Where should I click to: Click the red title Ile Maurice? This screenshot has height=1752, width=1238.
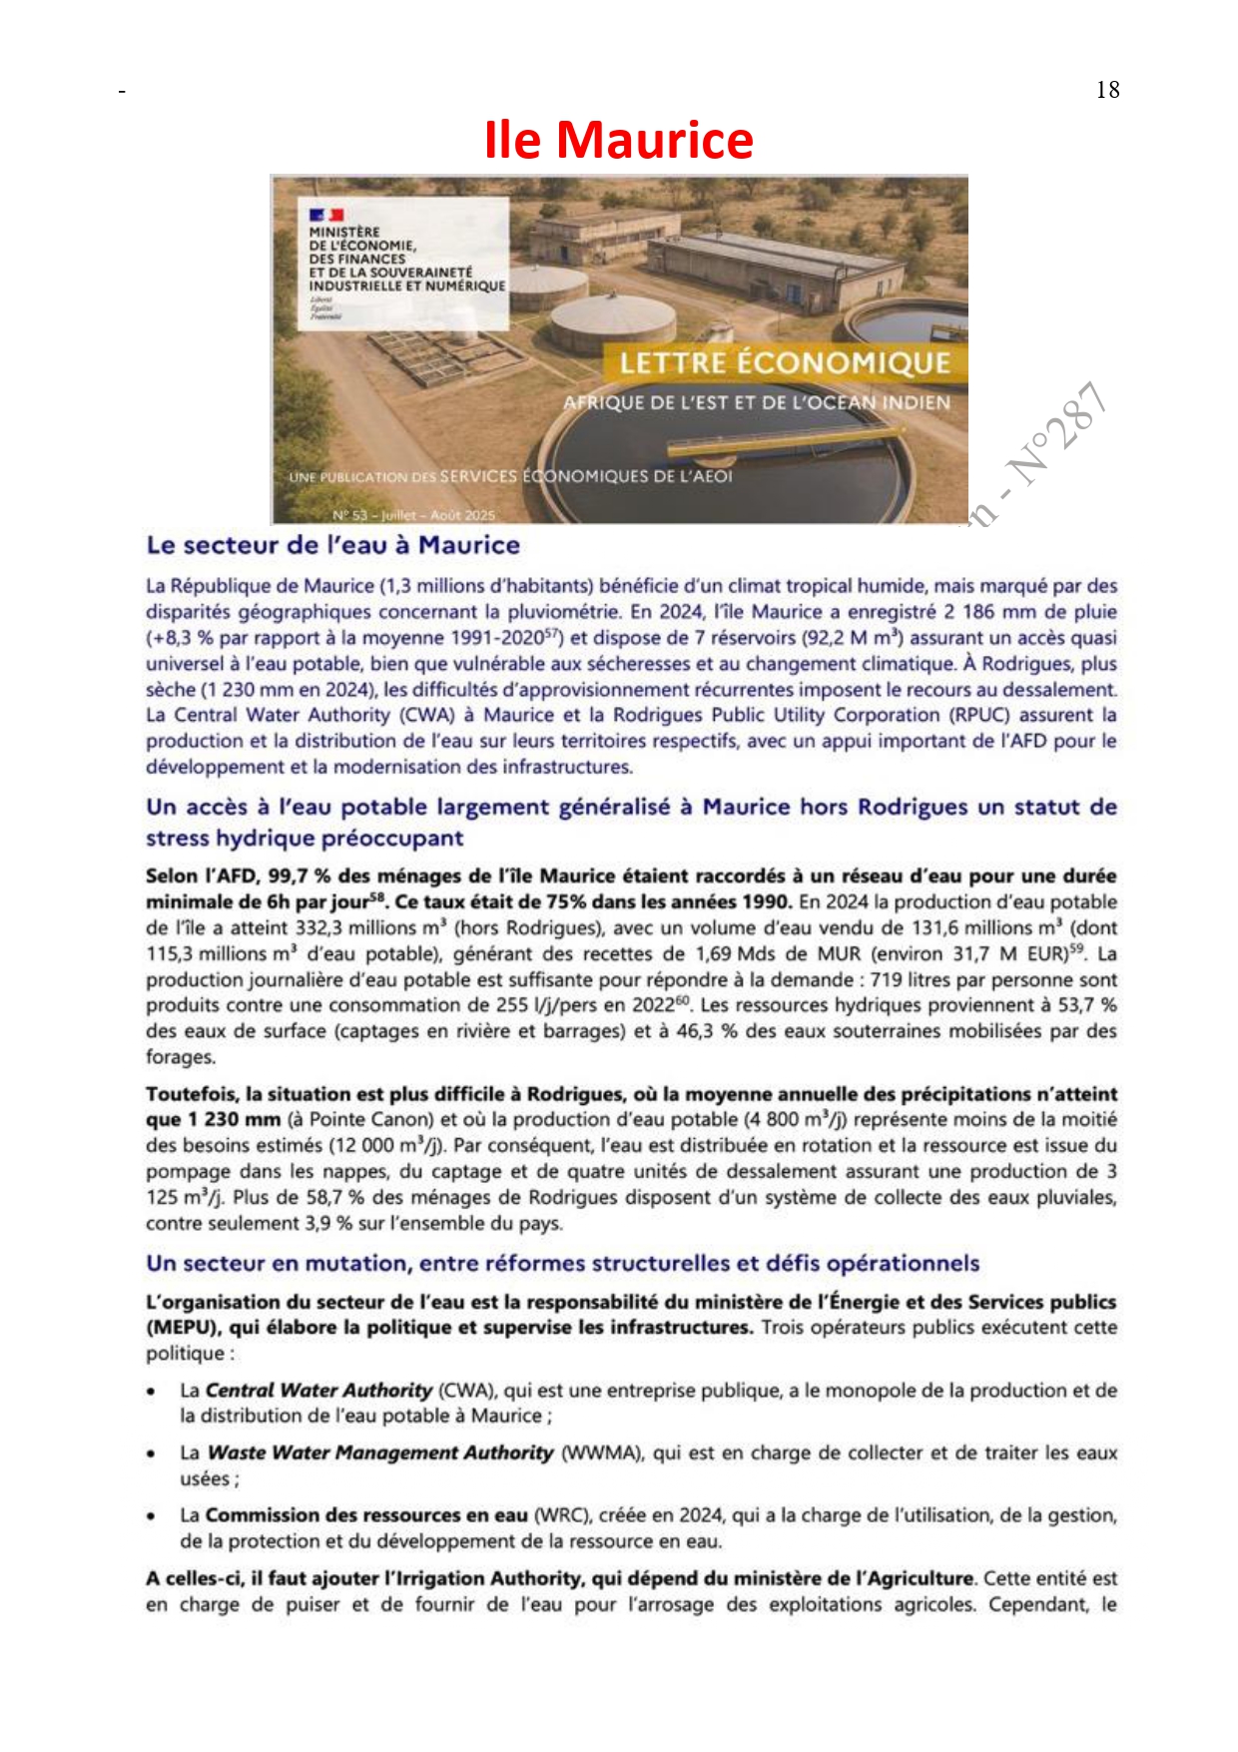click(618, 140)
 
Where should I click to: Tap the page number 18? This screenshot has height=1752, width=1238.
click(1107, 90)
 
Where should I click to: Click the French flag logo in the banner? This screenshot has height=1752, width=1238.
click(326, 215)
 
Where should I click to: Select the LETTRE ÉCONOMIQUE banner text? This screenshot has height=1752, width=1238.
click(785, 362)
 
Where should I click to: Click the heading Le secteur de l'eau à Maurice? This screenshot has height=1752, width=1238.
click(332, 545)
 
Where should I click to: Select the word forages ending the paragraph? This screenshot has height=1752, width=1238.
click(180, 1057)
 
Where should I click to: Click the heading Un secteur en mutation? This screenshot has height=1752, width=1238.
click(562, 1264)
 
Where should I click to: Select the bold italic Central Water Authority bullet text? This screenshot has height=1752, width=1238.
click(318, 1391)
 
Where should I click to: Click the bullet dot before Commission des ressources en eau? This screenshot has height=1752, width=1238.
click(151, 1516)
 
